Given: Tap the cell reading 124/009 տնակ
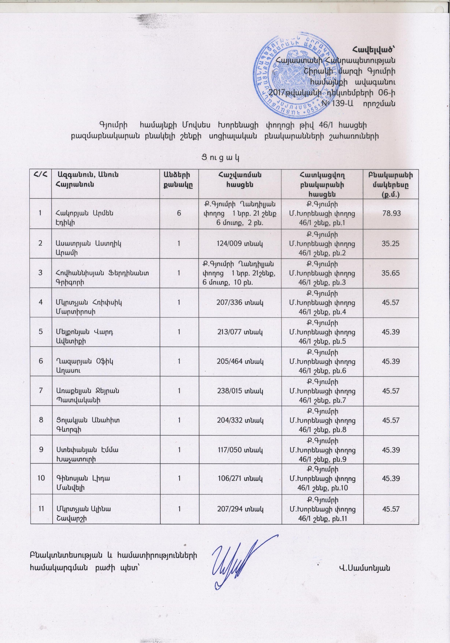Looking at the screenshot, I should [240, 243].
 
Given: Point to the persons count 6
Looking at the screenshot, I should [179, 213].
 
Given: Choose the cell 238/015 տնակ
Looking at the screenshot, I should [240, 390].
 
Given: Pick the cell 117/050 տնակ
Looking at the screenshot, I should [240, 450].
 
